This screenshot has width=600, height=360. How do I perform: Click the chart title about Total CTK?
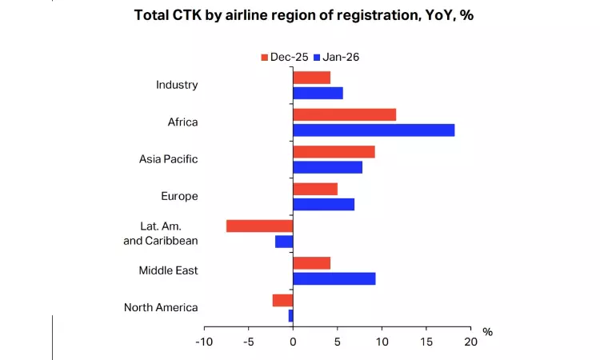303,16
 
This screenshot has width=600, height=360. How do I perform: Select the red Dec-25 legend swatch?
265,57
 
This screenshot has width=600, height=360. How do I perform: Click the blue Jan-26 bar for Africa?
374,130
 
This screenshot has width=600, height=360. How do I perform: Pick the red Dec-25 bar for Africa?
344,114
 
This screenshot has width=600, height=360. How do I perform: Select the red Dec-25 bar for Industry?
311,78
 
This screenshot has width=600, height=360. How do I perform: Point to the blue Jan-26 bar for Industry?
318,93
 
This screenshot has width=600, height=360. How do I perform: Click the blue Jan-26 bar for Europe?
323,204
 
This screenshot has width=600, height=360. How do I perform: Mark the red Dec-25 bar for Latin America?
260,226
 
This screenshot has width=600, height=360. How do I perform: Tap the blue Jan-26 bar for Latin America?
284,241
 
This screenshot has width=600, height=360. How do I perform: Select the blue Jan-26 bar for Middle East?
334,278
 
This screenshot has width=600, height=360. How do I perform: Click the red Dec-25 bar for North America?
282,300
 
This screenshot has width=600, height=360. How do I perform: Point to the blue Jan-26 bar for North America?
290,315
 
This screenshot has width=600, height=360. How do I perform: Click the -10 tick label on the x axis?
203,341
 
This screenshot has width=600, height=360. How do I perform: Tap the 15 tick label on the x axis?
426,341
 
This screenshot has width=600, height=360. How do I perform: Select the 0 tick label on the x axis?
293,341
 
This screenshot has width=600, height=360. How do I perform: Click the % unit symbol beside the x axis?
487,332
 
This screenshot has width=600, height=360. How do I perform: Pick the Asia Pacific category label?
168,159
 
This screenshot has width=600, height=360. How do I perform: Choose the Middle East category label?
168,270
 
